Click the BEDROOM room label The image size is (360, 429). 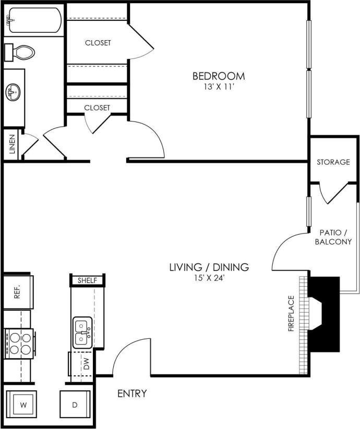pos(219,76)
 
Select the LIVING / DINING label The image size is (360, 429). pos(209,267)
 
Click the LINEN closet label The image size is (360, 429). pos(12,145)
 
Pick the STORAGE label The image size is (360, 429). pos(333,162)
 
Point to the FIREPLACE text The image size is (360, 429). pos(291,314)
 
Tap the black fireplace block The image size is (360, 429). pos(323,313)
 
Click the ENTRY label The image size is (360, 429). pos(131,394)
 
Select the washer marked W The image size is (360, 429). pos(22,405)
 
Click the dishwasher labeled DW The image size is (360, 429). pos(85,363)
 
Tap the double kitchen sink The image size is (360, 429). pos(82,333)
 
